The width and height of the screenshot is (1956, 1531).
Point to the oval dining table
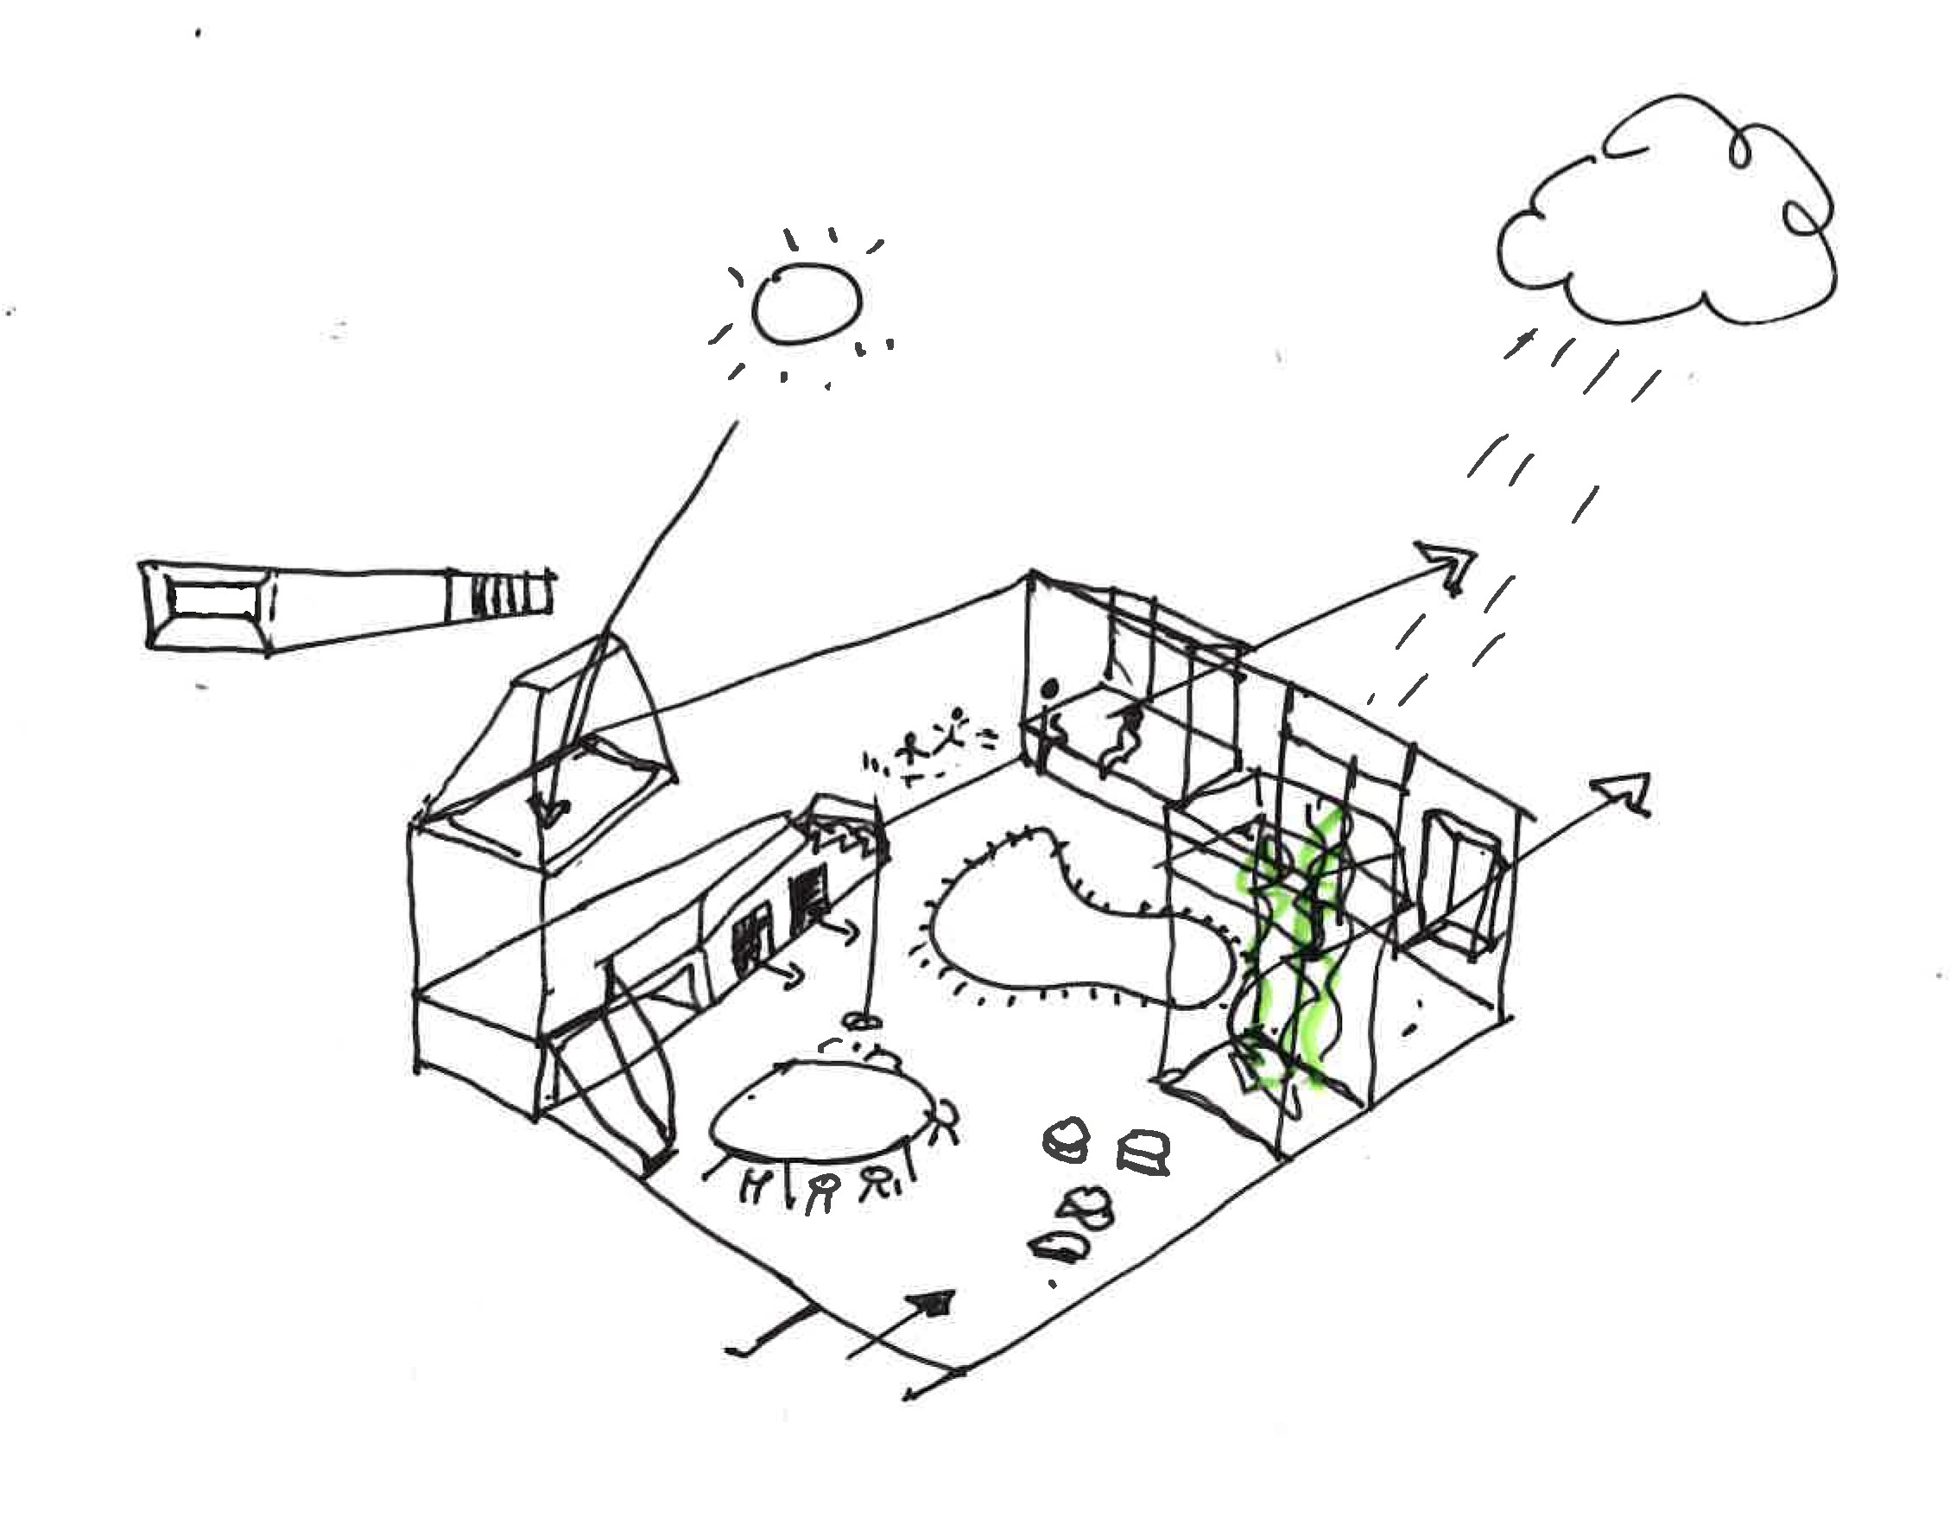(x=815, y=1111)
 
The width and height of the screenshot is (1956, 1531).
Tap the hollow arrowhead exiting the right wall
(x=1626, y=792)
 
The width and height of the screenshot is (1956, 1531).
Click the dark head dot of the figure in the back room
(x=1051, y=689)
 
